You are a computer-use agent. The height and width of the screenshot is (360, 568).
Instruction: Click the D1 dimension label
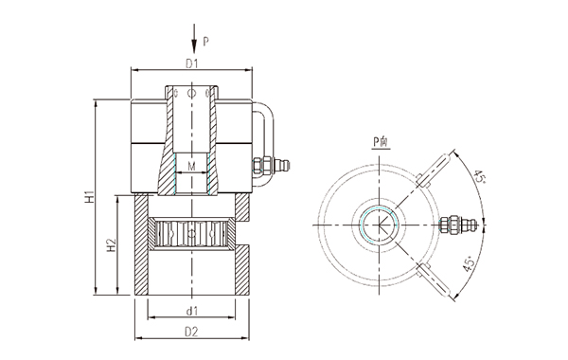(x=191, y=63)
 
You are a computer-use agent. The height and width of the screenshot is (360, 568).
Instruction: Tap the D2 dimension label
(x=191, y=332)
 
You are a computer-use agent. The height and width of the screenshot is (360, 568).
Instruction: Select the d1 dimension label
(x=191, y=311)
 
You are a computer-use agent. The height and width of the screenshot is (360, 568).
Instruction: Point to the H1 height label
(x=90, y=196)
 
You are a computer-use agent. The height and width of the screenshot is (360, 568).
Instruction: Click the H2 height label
(x=112, y=245)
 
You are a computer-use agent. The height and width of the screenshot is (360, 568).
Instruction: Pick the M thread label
(x=191, y=166)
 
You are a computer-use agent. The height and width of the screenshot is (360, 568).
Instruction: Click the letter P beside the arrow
(x=205, y=42)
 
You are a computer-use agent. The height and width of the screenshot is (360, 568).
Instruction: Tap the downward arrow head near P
(x=194, y=46)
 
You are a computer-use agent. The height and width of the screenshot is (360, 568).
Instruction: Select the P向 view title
(x=382, y=142)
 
